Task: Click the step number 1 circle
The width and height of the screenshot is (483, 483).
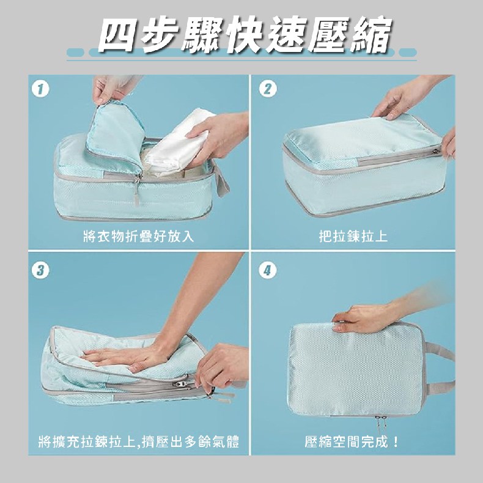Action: click(x=40, y=89)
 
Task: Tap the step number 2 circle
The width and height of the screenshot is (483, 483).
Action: click(x=268, y=89)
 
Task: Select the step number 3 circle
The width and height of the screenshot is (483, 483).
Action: click(x=40, y=270)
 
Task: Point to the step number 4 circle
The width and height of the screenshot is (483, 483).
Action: click(x=268, y=270)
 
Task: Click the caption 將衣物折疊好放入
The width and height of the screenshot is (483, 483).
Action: click(x=139, y=236)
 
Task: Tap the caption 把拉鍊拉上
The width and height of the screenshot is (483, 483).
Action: click(x=353, y=236)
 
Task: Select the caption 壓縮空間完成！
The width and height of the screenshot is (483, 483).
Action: click(x=352, y=441)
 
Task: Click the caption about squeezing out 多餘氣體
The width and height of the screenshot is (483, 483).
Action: click(x=139, y=441)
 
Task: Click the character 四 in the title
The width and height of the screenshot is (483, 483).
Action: click(x=118, y=35)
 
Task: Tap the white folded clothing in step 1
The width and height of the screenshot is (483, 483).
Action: click(x=177, y=142)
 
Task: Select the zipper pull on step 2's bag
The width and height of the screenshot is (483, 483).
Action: click(x=436, y=151)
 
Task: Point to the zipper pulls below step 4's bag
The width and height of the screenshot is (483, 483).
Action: click(x=381, y=424)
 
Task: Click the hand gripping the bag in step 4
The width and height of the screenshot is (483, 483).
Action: click(x=364, y=318)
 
